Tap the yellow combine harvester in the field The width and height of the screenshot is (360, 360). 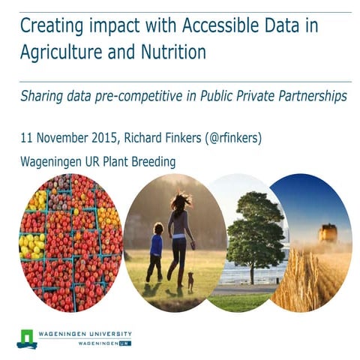pyautogui.click(x=328, y=233)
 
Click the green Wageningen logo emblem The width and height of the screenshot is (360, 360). pyautogui.click(x=27, y=338)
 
